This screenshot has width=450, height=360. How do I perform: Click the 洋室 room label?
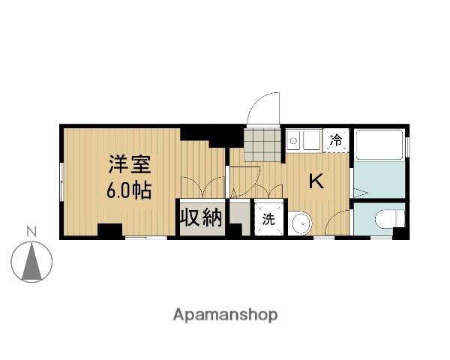[x=130, y=164]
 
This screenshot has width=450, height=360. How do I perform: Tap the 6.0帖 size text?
[x=129, y=190]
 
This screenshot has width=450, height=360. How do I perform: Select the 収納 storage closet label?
[x=201, y=218]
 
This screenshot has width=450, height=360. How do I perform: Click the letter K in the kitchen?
[x=316, y=181]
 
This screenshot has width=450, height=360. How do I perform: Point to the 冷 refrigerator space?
[x=336, y=140]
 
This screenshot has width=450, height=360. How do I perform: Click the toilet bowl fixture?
[x=389, y=219]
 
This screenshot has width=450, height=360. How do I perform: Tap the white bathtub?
[x=379, y=145]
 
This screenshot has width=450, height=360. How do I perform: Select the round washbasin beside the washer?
[x=300, y=223]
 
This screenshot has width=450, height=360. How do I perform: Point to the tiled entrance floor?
[x=262, y=145]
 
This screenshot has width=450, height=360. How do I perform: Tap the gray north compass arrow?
[x=31, y=261]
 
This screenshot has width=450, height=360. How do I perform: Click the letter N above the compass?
[x=31, y=232]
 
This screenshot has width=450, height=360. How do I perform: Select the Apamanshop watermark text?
[x=225, y=315]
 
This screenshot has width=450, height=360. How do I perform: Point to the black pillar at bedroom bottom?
[x=110, y=230]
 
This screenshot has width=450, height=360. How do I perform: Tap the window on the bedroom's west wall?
[x=61, y=182]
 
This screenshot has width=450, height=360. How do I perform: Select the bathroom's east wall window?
[x=407, y=147]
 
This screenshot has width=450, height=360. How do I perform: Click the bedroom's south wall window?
[x=146, y=238]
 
